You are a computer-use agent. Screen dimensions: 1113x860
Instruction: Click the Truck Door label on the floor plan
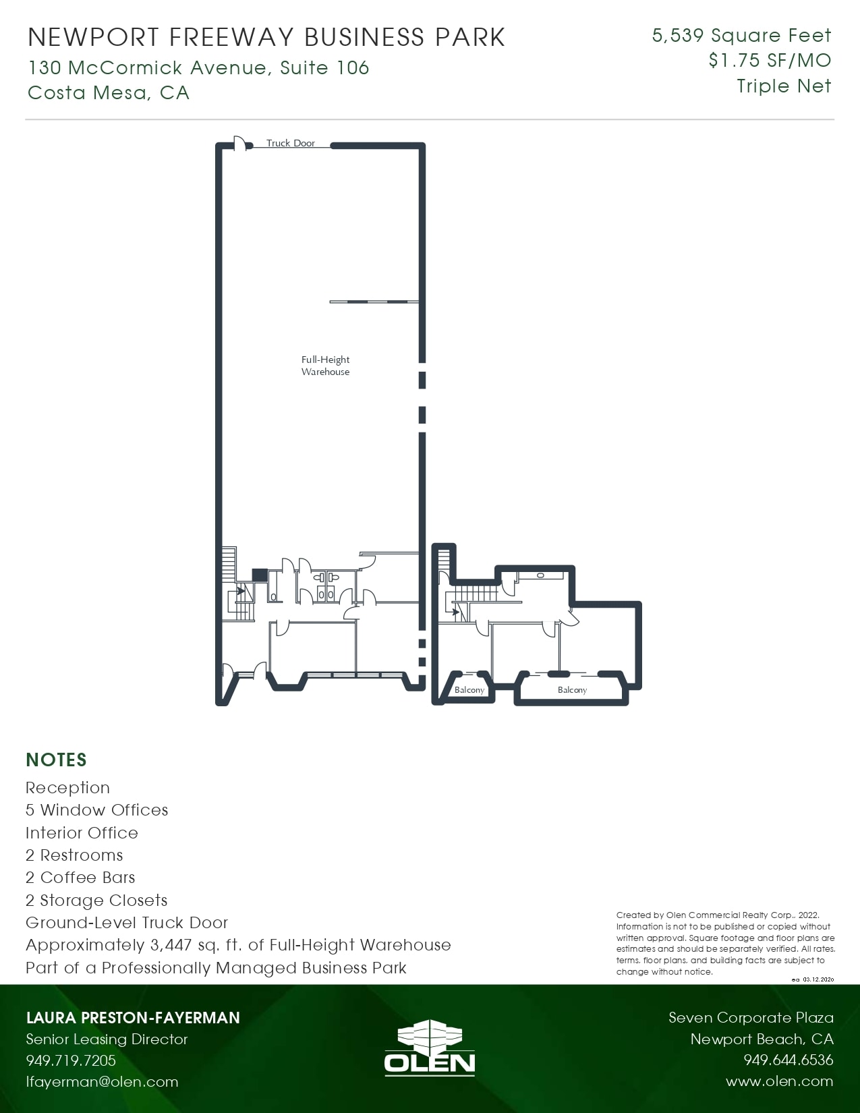[x=290, y=143]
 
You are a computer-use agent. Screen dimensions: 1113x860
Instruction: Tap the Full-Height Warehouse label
[x=325, y=366]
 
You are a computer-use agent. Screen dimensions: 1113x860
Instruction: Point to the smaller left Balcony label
[x=469, y=689]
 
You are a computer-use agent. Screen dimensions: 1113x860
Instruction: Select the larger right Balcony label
[x=572, y=689]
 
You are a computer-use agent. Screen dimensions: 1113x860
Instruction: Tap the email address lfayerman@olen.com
[x=102, y=1081]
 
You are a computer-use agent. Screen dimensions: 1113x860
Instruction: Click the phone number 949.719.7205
[x=71, y=1060]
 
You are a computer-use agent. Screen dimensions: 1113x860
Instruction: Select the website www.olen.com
[x=779, y=1081]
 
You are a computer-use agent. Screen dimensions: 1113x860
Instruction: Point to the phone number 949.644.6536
[x=788, y=1060]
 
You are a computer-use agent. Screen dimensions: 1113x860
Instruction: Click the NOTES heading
[x=56, y=760]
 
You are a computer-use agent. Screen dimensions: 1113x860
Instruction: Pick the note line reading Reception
[x=67, y=788]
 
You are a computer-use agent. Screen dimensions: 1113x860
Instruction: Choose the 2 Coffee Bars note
[x=80, y=878]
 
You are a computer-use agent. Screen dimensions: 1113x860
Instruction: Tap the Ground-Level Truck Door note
[x=127, y=923]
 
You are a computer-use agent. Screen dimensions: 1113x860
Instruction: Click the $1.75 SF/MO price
[x=770, y=61]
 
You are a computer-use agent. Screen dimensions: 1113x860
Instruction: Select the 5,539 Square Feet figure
[x=741, y=35]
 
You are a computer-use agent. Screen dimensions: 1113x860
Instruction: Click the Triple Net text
[x=784, y=86]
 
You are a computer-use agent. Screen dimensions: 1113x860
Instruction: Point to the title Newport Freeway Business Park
[x=266, y=37]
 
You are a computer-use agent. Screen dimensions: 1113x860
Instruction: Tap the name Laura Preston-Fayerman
[x=133, y=1018]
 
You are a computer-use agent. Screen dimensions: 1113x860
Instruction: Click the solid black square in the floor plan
[x=259, y=575]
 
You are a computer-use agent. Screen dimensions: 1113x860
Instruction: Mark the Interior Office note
[x=82, y=833]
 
